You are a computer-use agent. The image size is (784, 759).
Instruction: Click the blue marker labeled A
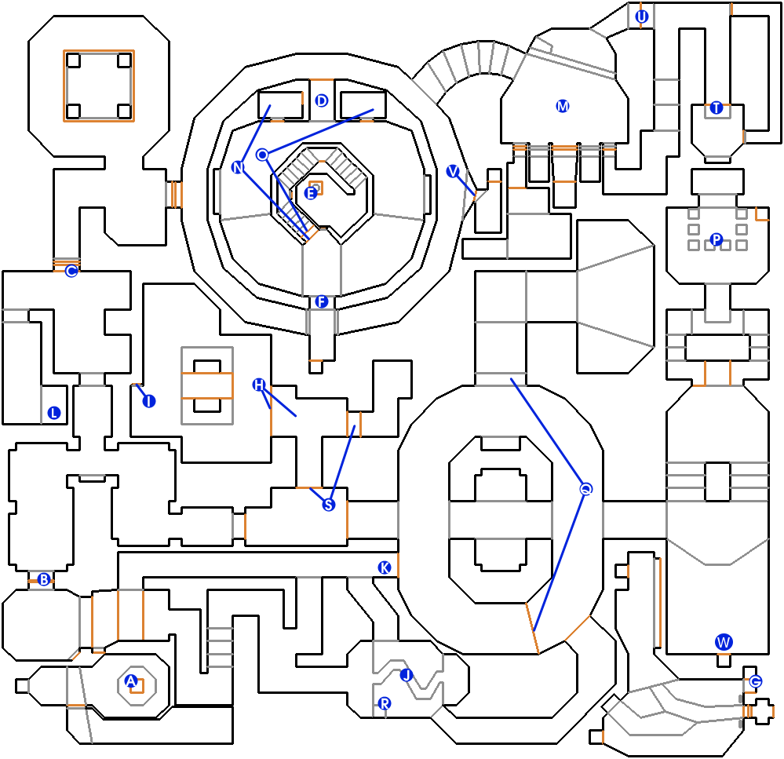(131, 681)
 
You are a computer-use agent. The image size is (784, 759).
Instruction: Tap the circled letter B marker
(44, 580)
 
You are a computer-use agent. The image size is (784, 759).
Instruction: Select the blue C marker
(71, 272)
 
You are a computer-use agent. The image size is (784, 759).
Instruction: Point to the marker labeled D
(321, 100)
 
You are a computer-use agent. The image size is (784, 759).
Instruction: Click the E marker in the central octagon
(311, 192)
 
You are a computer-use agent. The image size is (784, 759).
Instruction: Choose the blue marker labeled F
(321, 301)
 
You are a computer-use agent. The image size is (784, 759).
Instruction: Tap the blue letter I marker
(148, 401)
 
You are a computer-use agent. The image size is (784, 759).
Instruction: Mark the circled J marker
(406, 674)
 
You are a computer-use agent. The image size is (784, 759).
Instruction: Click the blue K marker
(384, 567)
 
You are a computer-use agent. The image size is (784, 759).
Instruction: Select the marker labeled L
(54, 413)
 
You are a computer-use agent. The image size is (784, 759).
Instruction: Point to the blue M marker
(562, 106)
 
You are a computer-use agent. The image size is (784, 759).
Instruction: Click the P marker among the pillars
(716, 239)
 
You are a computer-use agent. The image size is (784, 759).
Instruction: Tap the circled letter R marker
(385, 703)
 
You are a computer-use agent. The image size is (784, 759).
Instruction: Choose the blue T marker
(716, 108)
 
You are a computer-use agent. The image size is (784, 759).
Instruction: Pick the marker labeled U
(642, 16)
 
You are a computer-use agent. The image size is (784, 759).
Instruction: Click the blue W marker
(724, 642)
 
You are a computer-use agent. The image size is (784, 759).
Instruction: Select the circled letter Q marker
(585, 489)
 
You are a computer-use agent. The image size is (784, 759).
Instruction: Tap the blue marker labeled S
(329, 505)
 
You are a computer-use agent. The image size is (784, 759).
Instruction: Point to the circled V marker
(452, 171)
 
